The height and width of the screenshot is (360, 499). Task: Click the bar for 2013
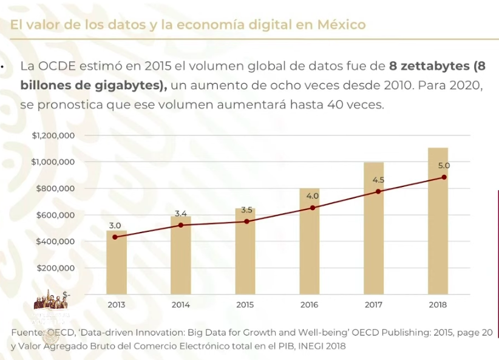(117, 262)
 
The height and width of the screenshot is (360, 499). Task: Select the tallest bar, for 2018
(437, 221)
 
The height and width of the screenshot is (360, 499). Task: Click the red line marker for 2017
(378, 191)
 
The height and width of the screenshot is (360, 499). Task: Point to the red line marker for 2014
(180, 225)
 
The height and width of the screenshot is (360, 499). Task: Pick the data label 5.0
(444, 165)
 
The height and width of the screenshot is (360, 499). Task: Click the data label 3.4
(180, 214)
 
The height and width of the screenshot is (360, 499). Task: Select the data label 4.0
(312, 196)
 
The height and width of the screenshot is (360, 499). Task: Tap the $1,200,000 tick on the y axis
(53, 135)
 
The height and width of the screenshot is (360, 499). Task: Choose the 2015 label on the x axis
(245, 305)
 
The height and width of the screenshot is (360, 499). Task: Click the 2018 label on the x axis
(437, 305)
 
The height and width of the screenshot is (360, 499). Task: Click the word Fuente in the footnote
(27, 333)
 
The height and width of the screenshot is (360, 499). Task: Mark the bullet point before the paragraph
(2, 66)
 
